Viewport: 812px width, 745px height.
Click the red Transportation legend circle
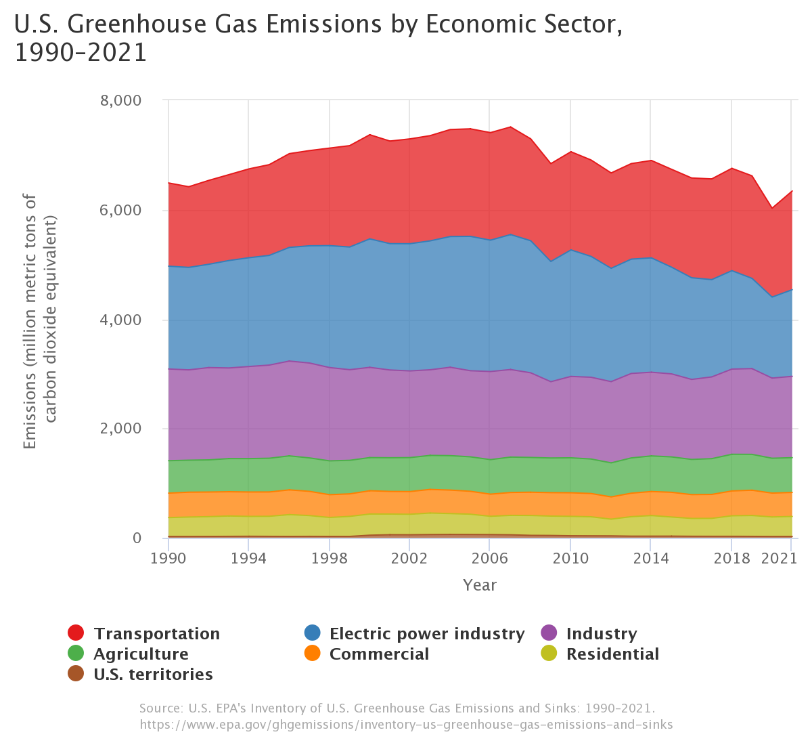[x=76, y=633]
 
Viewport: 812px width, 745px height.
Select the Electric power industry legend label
[x=426, y=633]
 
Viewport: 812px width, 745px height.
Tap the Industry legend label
[x=601, y=633]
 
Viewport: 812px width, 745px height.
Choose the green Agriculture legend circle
[x=76, y=654]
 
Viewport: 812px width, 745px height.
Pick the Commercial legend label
[x=379, y=654]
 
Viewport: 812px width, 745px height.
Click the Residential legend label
[x=612, y=654]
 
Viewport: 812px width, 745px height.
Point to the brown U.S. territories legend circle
[x=76, y=674]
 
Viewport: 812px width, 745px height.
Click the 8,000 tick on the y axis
[x=120, y=100]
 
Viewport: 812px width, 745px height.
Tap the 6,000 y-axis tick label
[x=120, y=210]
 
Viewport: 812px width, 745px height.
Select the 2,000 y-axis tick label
[x=120, y=429]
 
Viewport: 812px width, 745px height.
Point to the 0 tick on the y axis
[x=137, y=538]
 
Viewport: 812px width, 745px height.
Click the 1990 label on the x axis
[x=168, y=559]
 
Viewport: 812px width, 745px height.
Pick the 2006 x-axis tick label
[x=489, y=559]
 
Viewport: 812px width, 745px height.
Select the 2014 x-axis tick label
[x=650, y=559]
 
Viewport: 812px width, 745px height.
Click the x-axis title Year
[x=480, y=585]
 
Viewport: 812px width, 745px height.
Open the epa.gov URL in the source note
[x=406, y=725]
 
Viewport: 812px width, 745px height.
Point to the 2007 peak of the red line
[x=510, y=127]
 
